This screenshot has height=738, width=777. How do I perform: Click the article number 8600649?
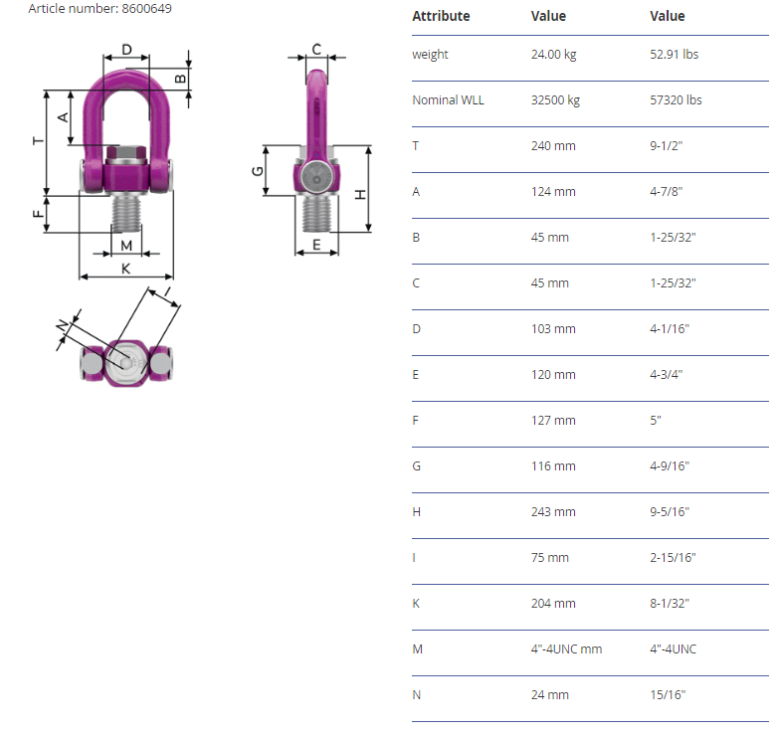point(146,8)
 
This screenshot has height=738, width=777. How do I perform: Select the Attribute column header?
point(441,16)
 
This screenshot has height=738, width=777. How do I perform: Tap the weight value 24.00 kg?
point(553,55)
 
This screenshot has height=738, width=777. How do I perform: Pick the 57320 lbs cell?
point(676,100)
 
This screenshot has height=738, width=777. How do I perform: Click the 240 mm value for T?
point(553,146)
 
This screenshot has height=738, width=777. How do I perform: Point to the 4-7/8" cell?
point(666,192)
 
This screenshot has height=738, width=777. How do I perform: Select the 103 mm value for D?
point(553,329)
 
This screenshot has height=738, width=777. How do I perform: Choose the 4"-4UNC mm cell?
point(566,649)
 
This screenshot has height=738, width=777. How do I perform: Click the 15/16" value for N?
point(668,695)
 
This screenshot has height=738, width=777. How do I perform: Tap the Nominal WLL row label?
point(448,100)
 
